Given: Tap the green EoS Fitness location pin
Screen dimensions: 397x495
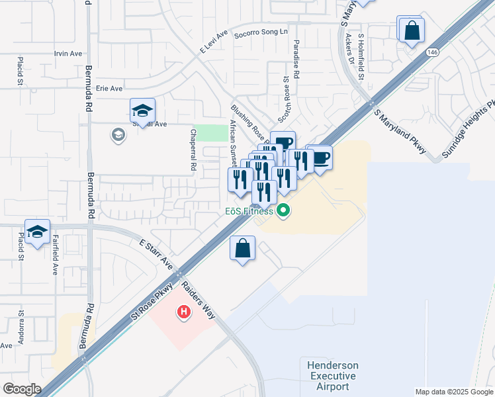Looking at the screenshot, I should (x=284, y=212).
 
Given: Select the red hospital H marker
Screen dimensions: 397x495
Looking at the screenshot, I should (x=185, y=310).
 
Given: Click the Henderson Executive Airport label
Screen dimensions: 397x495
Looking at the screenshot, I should (x=332, y=376).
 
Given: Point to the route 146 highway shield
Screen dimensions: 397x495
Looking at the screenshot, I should (x=433, y=52).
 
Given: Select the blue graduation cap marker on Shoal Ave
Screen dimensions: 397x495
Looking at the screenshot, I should (x=142, y=110).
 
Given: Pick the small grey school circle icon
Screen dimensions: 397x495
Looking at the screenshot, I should (x=118, y=135).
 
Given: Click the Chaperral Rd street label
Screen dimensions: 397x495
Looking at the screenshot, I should (x=194, y=152).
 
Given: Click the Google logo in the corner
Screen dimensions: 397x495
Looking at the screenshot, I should (x=22, y=388).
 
